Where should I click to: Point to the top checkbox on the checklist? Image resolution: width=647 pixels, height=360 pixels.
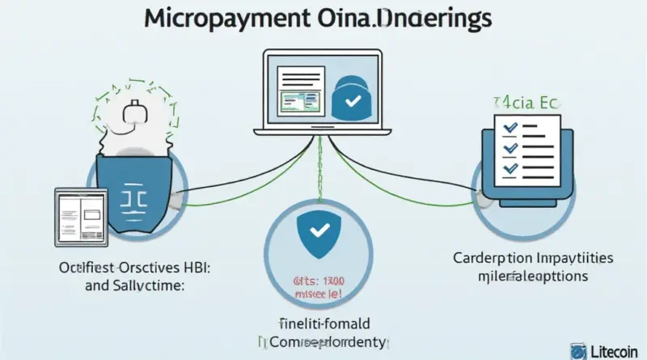coord(510,129)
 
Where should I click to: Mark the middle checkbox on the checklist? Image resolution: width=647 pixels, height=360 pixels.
coord(510,149)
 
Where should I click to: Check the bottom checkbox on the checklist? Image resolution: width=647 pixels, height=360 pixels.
coord(510,169)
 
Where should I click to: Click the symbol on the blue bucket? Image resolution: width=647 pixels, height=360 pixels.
coord(133,196)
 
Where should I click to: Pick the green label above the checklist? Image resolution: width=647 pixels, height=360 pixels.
coord(514,104)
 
